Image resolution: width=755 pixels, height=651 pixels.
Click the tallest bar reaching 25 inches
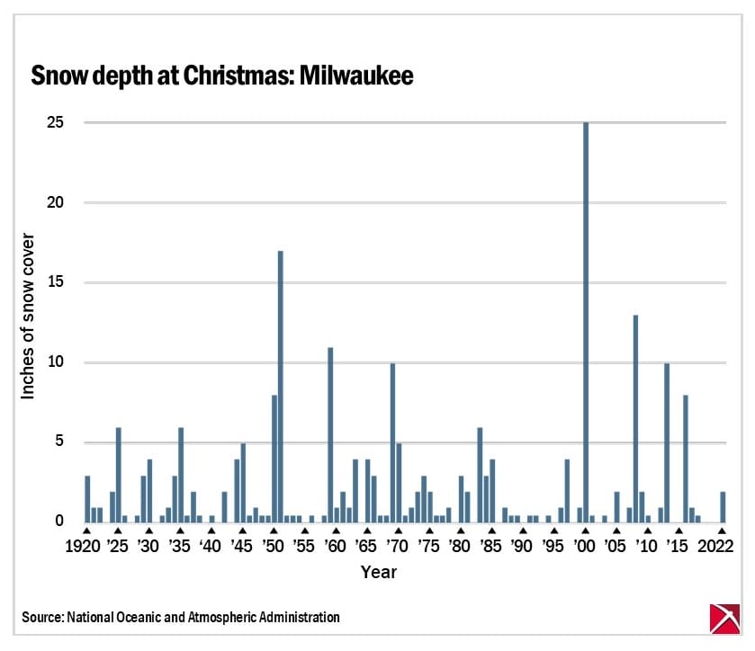(x=586, y=322)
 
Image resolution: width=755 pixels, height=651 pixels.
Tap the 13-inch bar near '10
(x=635, y=418)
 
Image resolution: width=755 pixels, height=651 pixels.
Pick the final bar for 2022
(x=723, y=506)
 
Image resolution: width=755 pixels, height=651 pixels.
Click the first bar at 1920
(x=87, y=498)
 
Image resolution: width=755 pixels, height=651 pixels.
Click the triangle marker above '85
(x=491, y=531)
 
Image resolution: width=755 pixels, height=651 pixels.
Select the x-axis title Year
(x=379, y=572)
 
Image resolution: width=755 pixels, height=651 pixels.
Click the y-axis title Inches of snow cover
(x=28, y=320)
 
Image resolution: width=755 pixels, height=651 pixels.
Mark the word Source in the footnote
(x=41, y=618)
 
